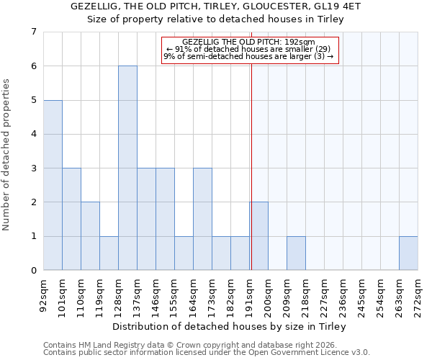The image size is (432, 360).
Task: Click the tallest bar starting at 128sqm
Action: [127, 168]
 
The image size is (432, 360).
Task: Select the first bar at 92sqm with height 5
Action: [53, 185]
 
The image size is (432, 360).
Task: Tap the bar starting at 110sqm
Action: [90, 236]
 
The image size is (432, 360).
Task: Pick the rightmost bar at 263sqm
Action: [408, 253]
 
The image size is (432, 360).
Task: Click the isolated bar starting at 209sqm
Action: [296, 253]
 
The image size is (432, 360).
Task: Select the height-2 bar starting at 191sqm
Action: [259, 236]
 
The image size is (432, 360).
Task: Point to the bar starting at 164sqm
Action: [202, 219]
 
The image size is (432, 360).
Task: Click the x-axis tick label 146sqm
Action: [156, 295]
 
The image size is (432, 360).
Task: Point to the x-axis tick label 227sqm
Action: [325, 295]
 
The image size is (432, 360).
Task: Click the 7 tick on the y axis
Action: [33, 32]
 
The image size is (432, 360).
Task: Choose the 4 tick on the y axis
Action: [33, 134]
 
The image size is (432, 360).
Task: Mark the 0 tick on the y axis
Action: [33, 271]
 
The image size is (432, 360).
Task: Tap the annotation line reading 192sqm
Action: [248, 42]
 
